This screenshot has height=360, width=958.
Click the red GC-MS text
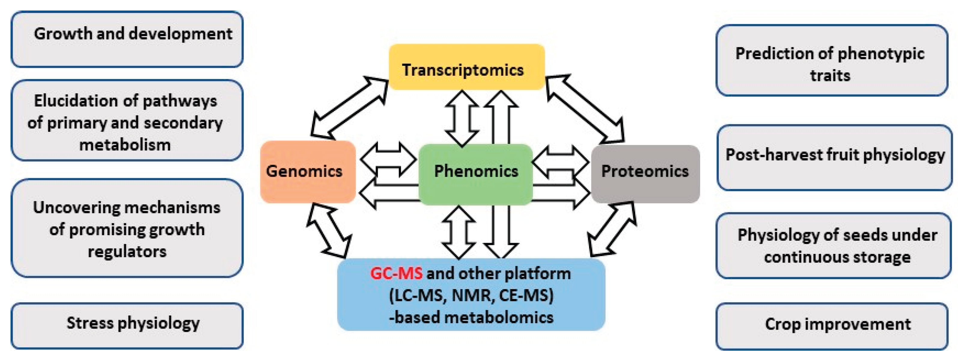click(396, 274)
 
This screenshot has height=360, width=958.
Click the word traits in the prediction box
click(830, 76)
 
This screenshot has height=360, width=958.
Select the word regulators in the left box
click(127, 252)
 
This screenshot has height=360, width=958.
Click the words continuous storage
click(837, 257)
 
